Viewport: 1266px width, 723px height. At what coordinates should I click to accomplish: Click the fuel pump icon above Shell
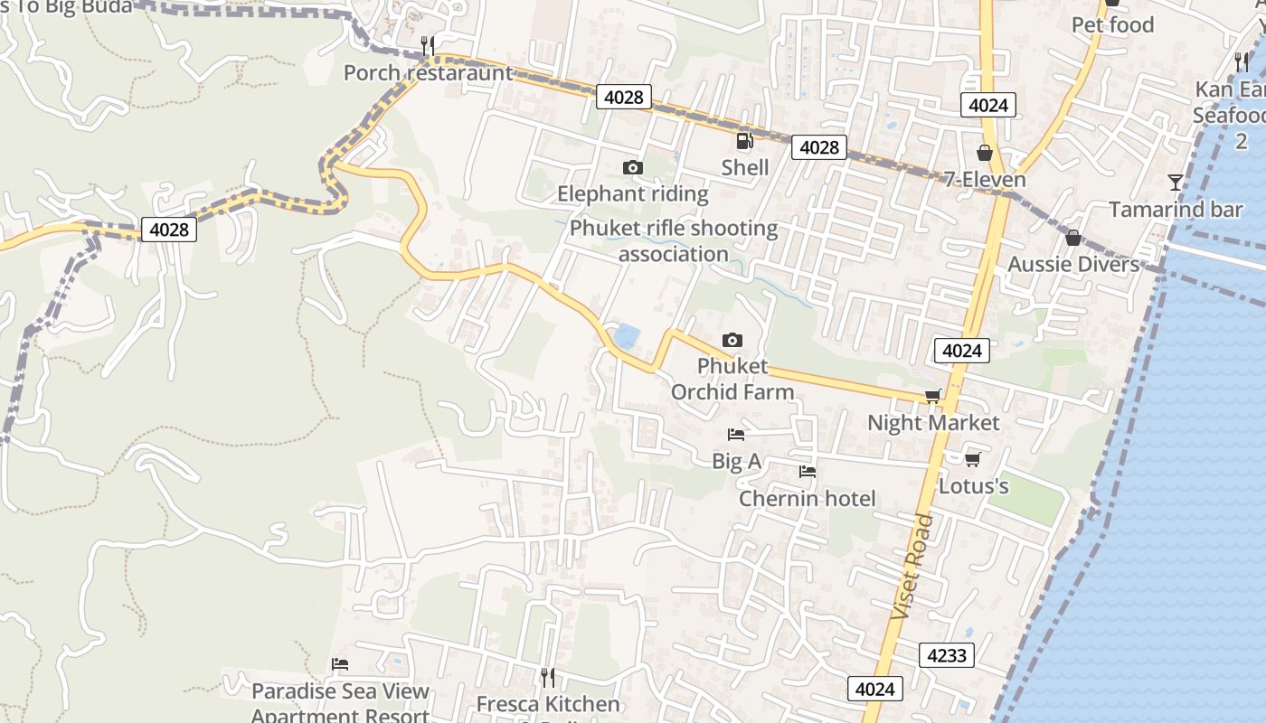[744, 140]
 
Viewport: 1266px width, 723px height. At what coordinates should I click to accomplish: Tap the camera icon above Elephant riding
[633, 167]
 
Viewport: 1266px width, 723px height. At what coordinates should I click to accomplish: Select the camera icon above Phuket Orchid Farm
[732, 340]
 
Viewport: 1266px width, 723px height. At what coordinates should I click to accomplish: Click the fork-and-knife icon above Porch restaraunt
[428, 45]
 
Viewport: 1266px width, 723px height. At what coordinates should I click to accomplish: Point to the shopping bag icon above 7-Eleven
[985, 153]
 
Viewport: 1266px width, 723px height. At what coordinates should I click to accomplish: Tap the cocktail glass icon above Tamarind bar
[1175, 183]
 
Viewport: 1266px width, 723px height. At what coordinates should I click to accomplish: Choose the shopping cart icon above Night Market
[933, 396]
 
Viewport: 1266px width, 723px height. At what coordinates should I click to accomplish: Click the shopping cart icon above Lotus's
[973, 459]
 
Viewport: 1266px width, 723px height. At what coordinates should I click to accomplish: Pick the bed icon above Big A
[736, 435]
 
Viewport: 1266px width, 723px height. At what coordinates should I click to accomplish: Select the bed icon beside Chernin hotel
[808, 472]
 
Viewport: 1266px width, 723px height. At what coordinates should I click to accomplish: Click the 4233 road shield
[947, 655]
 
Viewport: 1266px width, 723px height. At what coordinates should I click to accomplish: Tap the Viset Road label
[912, 567]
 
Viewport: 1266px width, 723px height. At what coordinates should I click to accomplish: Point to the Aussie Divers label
[1073, 264]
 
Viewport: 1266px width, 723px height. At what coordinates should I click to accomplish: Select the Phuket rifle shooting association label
[674, 241]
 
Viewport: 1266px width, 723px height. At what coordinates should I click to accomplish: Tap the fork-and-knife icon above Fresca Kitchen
[547, 677]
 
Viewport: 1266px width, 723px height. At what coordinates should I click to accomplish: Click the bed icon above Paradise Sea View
[340, 664]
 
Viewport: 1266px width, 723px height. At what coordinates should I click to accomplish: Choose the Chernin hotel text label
[808, 499]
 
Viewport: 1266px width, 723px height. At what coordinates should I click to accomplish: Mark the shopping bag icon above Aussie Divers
[1072, 238]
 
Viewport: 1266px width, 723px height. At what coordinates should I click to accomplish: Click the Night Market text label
[933, 423]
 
